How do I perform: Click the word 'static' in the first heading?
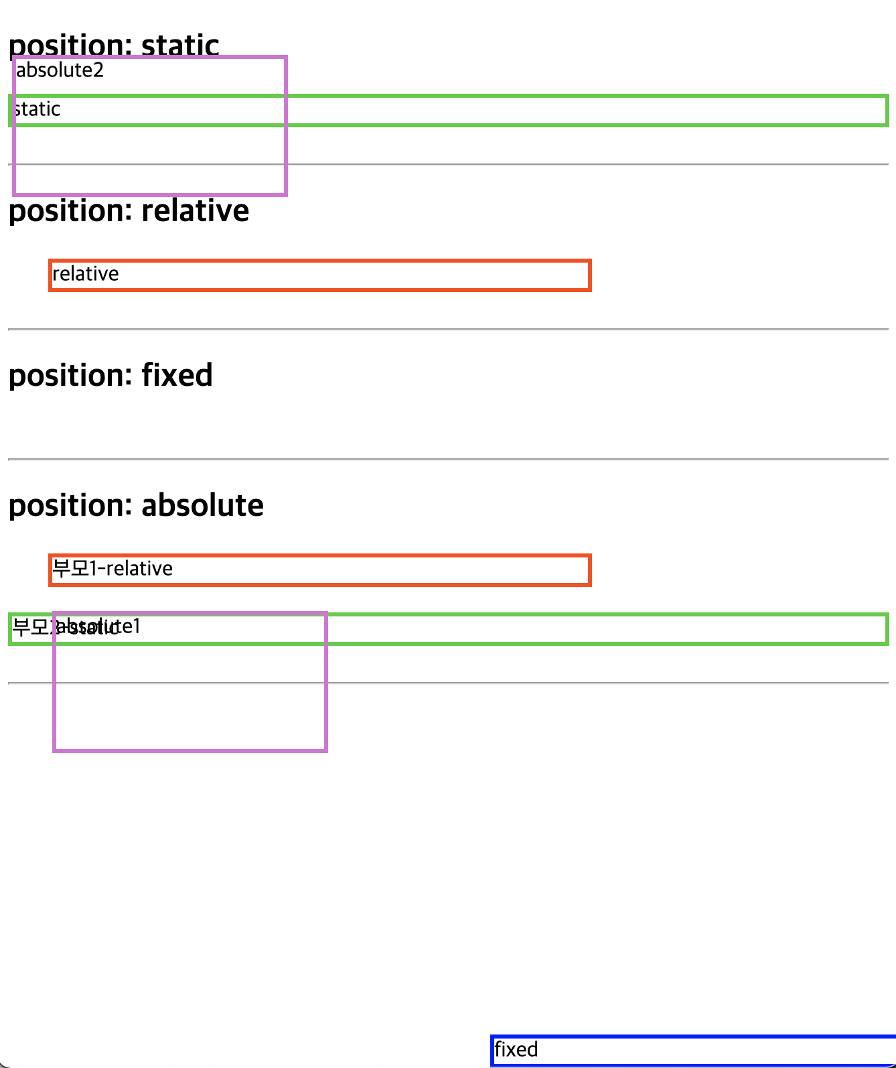(x=180, y=45)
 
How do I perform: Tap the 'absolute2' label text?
(x=60, y=70)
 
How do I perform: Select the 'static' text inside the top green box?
(x=38, y=109)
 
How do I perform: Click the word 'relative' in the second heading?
(x=195, y=210)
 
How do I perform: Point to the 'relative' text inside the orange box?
(x=86, y=274)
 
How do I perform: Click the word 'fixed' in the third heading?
(x=177, y=375)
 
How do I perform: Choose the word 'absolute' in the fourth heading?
(x=202, y=505)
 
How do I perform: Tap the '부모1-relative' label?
(x=113, y=569)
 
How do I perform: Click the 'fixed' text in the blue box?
(x=516, y=1049)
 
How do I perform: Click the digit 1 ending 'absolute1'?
(x=137, y=626)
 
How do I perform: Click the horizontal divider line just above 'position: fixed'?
(x=448, y=329)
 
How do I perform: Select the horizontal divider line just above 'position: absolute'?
(x=448, y=459)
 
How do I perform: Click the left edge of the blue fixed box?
(x=492, y=1051)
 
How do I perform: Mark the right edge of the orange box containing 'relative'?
(x=589, y=275)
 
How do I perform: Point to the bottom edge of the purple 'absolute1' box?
(x=190, y=750)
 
